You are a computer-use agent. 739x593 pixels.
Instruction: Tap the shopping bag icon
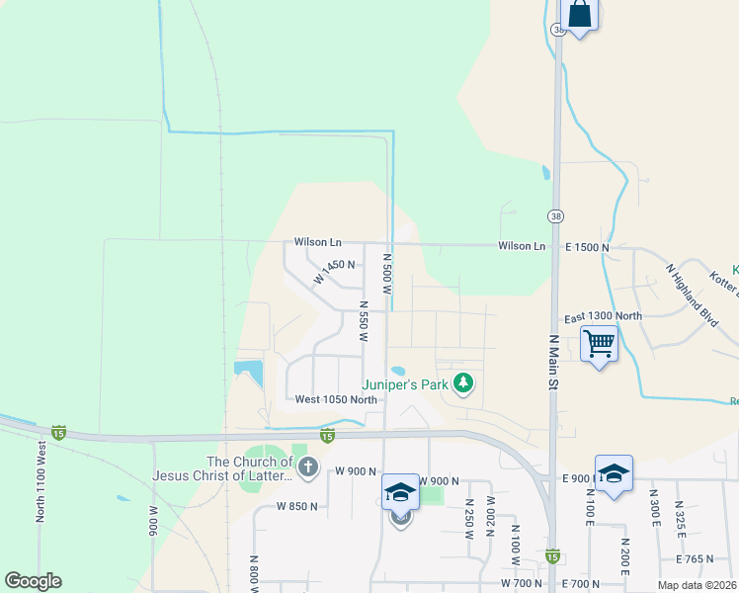(579, 15)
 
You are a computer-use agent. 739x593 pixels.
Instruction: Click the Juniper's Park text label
(405, 383)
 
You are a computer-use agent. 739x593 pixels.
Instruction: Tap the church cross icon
(307, 466)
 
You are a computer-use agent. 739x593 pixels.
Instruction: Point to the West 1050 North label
(336, 399)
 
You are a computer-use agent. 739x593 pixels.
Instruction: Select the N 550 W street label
(364, 322)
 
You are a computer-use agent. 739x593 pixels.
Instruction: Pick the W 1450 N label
(334, 272)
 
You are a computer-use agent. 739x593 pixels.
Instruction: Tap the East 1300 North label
(603, 316)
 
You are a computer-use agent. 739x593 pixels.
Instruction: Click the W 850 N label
(297, 506)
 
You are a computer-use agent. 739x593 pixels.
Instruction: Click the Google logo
(33, 581)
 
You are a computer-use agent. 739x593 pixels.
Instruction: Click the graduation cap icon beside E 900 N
(614, 472)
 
